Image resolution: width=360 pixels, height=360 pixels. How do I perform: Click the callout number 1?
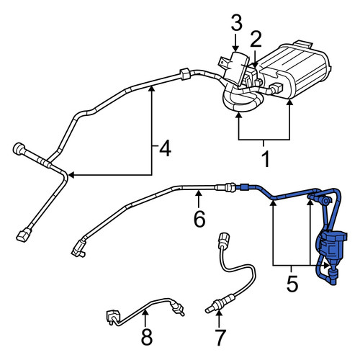click(266, 158)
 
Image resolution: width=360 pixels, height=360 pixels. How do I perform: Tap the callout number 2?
click(256, 39)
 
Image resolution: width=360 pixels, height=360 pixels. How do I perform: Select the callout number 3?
click(237, 22)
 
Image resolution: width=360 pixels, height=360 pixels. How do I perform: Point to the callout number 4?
click(166, 148)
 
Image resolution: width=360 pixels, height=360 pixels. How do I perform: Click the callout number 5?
click(292, 284)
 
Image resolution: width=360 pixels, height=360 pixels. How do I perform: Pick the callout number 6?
click(199, 219)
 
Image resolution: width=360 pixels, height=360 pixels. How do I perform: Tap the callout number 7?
click(220, 338)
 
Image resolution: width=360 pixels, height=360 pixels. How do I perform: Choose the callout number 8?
click(147, 336)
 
